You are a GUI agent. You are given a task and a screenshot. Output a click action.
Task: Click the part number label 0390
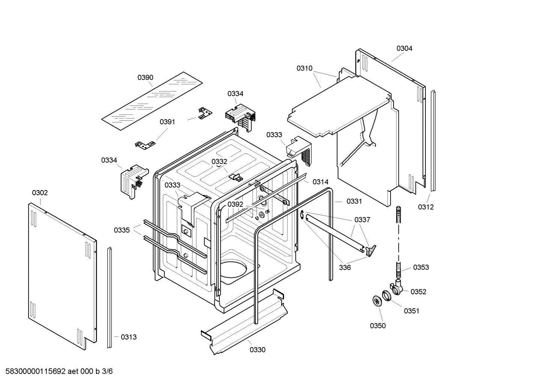click(145, 78)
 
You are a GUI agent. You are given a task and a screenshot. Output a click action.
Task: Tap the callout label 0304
click(404, 48)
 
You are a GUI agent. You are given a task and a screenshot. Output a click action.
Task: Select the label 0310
click(304, 68)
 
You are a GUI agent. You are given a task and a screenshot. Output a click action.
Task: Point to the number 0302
click(40, 193)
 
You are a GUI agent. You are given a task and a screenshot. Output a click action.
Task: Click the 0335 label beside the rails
click(122, 230)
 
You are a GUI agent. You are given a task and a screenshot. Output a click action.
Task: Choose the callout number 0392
click(235, 204)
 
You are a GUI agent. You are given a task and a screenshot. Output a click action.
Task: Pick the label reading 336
click(345, 267)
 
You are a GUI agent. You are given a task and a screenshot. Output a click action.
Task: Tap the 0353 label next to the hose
click(421, 267)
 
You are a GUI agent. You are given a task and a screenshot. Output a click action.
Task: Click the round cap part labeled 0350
click(376, 301)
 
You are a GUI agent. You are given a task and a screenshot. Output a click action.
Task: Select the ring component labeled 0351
click(387, 295)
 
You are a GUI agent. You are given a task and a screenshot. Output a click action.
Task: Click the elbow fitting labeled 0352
click(397, 288)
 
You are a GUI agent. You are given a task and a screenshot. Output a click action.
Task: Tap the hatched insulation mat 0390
click(152, 101)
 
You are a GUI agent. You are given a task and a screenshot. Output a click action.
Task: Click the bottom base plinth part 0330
click(244, 322)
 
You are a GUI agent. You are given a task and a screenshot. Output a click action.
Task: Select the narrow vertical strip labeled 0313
click(110, 298)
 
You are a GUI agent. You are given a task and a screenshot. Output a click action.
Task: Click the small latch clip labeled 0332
click(236, 176)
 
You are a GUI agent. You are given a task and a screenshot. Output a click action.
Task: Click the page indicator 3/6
click(107, 372)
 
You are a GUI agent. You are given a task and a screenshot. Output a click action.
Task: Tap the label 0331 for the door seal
click(354, 201)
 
